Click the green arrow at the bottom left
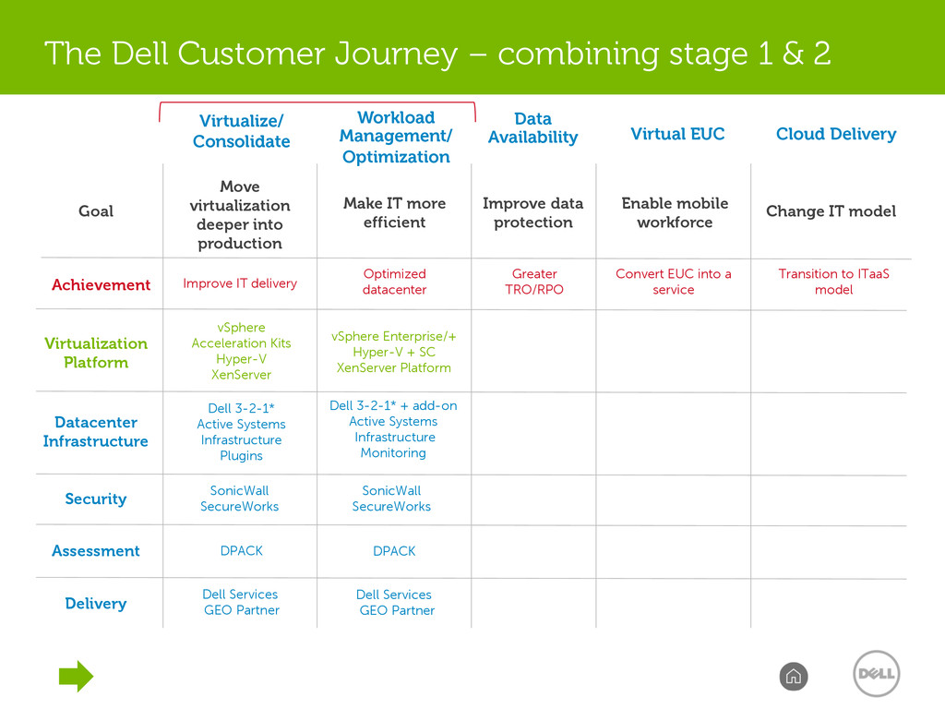pos(76,676)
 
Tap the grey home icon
pos(793,677)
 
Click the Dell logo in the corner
pos(877,673)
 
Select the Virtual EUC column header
pos(677,134)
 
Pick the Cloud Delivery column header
pos(836,134)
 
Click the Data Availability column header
pos(532,127)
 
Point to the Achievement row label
pos(101,284)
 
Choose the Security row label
pos(96,499)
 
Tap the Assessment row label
pos(96,550)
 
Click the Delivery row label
pos(96,604)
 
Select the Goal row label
pos(96,211)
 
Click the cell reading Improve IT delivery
pos(240,283)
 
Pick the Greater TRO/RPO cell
pos(534,282)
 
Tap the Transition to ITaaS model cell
pos(833,282)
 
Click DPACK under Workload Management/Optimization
pos(394,551)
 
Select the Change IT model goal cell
pos(831,211)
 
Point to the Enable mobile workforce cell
pos(675,213)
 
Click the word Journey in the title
pos(396,54)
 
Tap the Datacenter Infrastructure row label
pos(96,432)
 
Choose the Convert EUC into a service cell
pos(673,282)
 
